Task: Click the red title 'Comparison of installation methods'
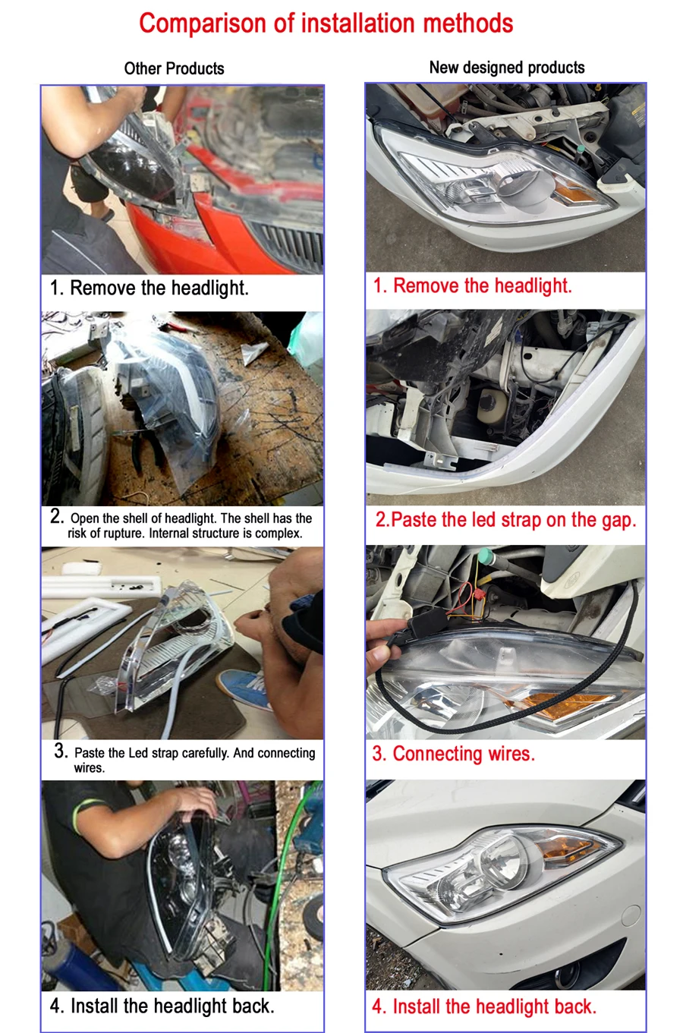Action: point(326,24)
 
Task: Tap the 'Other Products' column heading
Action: point(174,69)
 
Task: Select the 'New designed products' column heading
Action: point(507,68)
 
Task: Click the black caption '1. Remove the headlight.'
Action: point(150,288)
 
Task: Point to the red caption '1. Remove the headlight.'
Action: point(473,285)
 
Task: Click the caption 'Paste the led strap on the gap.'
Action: point(514,520)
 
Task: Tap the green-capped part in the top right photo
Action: point(581,149)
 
